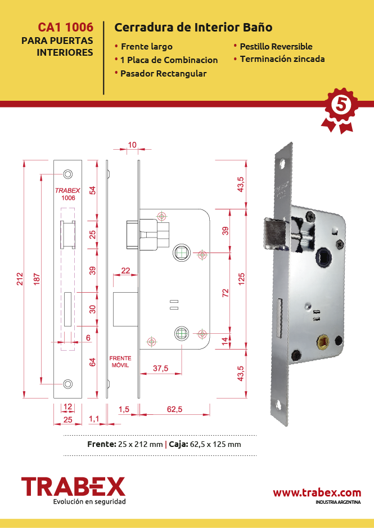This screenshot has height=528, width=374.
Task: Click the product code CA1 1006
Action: pyautogui.click(x=66, y=27)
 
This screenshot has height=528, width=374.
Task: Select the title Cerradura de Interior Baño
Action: pyautogui.click(x=193, y=27)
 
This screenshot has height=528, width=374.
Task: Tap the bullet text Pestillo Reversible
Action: pyautogui.click(x=276, y=47)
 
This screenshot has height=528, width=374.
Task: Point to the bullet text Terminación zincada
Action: pyautogui.click(x=282, y=59)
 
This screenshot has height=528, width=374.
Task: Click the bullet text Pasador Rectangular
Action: pyautogui.click(x=164, y=73)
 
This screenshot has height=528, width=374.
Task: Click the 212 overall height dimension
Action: pyautogui.click(x=20, y=279)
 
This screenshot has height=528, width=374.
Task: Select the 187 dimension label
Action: pyautogui.click(x=37, y=279)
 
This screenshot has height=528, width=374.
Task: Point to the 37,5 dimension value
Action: pyautogui.click(x=160, y=368)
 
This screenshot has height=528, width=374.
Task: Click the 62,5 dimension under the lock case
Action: pyautogui.click(x=174, y=409)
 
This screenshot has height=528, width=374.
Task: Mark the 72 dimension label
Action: pyautogui.click(x=226, y=293)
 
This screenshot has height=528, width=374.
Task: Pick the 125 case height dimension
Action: pyautogui.click(x=241, y=279)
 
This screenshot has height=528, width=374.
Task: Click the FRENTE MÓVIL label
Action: pyautogui.click(x=120, y=361)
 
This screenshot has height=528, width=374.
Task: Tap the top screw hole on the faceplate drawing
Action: pyautogui.click(x=68, y=174)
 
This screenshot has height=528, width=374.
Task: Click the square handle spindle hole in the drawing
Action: pyautogui.click(x=182, y=253)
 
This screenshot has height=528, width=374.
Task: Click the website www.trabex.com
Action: pyautogui.click(x=317, y=493)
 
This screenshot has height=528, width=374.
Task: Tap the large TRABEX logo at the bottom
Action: pyautogui.click(x=73, y=486)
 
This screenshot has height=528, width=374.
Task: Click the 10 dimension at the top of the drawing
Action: pyautogui.click(x=132, y=145)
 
